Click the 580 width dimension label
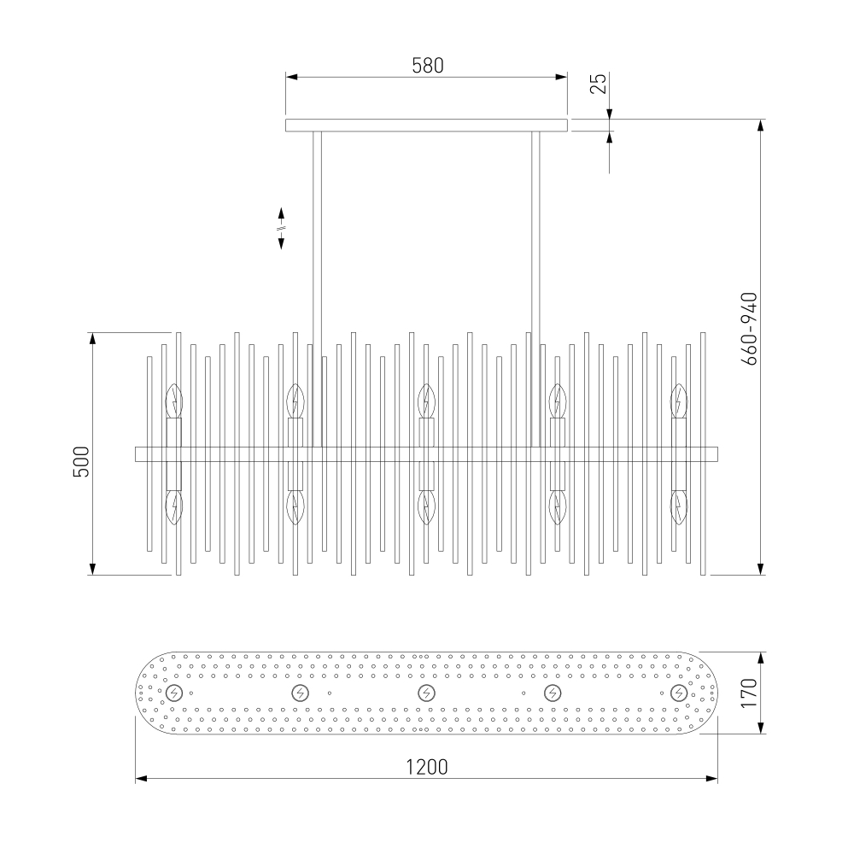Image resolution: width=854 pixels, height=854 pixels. (428, 66)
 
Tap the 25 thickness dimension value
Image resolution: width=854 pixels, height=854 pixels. (598, 84)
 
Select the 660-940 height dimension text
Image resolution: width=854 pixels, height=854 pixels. (750, 329)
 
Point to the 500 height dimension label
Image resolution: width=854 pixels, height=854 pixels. (81, 461)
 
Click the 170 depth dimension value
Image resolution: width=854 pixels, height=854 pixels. (750, 693)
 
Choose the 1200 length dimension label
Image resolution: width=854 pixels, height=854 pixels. (427, 767)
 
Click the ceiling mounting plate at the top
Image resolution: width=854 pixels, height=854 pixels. (426, 126)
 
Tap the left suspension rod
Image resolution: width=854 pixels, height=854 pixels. (317, 290)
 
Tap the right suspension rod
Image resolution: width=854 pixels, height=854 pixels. (536, 290)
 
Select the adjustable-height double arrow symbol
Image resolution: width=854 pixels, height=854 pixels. (282, 228)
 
